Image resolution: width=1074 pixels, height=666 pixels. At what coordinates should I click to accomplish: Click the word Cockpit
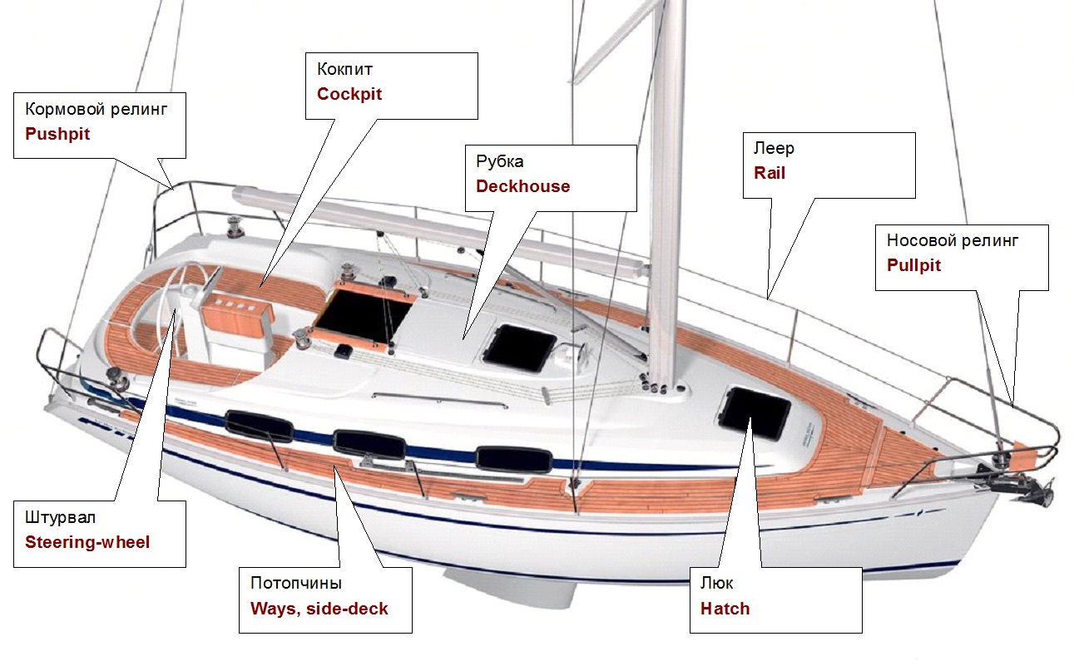[349, 94]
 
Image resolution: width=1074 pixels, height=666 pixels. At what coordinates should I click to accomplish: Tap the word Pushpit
[57, 134]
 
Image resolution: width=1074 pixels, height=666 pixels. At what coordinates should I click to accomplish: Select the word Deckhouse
[523, 186]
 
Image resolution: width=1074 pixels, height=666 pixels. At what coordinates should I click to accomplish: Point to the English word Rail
[770, 173]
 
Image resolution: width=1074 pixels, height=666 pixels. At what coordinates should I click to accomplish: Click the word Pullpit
[914, 265]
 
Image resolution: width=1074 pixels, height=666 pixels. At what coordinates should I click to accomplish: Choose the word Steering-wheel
[87, 542]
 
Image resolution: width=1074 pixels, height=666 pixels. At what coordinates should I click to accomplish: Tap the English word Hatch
[725, 609]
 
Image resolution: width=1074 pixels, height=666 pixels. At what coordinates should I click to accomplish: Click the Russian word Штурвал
[60, 517]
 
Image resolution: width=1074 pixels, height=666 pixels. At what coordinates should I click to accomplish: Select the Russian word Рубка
[500, 161]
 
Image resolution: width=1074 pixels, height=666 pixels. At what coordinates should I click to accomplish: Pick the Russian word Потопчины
[296, 583]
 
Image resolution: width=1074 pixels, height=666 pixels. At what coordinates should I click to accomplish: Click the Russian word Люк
[717, 583]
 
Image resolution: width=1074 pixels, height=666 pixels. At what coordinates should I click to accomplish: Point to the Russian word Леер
[774, 148]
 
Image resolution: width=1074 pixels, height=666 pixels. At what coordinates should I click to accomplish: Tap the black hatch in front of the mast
[755, 413]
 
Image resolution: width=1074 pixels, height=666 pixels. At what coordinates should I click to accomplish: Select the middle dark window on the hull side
[369, 444]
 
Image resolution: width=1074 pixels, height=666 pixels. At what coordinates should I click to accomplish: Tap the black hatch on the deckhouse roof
[520, 348]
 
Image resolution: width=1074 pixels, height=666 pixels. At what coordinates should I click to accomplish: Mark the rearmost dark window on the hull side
[260, 426]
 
